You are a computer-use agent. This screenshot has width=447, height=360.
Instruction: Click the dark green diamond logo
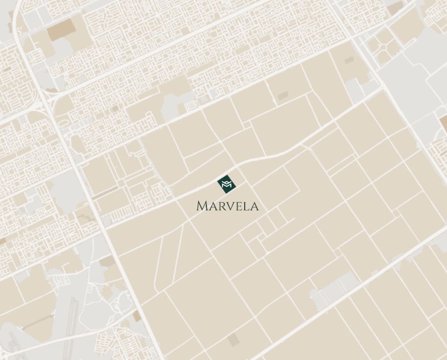point(226,184)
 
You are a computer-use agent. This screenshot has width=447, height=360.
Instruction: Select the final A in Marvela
point(254,206)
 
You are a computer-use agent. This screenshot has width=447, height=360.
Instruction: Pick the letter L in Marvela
point(246,206)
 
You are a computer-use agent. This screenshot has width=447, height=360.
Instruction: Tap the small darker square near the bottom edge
point(233,340)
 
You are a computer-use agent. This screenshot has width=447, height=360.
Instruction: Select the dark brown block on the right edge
point(443,123)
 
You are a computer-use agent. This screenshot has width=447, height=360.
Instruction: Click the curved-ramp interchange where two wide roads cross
point(43,100)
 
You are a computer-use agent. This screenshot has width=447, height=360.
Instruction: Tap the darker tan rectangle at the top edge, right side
point(394,7)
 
